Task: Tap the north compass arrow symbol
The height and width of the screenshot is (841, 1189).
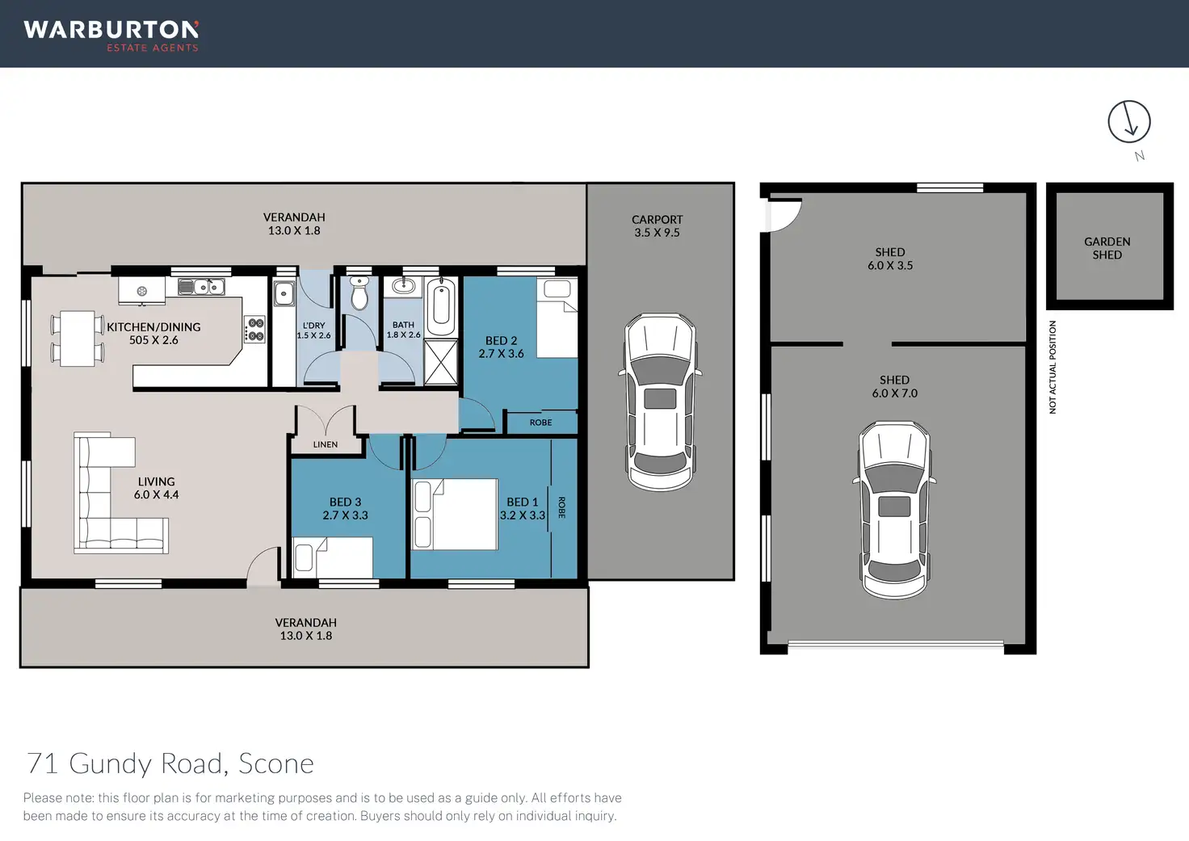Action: coord(1129,121)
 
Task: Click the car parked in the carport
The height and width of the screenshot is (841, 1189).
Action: coord(660,402)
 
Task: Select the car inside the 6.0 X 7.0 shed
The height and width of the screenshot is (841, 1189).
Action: coord(894,511)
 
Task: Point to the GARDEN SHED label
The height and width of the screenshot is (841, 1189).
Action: coord(1107,248)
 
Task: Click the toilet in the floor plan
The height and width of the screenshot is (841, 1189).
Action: coord(359,292)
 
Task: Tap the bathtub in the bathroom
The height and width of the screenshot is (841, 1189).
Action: coord(441,306)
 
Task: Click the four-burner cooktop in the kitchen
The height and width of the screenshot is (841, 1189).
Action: coord(254,329)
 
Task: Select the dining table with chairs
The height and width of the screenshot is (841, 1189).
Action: coord(78,339)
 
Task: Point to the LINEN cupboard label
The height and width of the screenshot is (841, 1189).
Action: coord(326,444)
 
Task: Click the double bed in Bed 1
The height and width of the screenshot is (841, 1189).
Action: coord(455,514)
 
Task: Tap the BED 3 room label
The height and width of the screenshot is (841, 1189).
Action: coord(345,502)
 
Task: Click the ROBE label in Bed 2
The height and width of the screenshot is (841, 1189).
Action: coord(541,423)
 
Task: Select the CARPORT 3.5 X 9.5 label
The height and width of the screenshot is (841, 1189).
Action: coord(658,225)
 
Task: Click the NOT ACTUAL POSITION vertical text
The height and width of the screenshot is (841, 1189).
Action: coord(1052,367)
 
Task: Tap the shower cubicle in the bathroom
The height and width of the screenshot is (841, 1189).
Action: coord(441,362)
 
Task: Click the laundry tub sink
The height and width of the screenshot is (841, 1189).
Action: coord(284,293)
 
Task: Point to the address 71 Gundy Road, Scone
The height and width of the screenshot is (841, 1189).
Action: coord(170,763)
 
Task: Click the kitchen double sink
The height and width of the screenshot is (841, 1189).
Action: coord(201,287)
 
